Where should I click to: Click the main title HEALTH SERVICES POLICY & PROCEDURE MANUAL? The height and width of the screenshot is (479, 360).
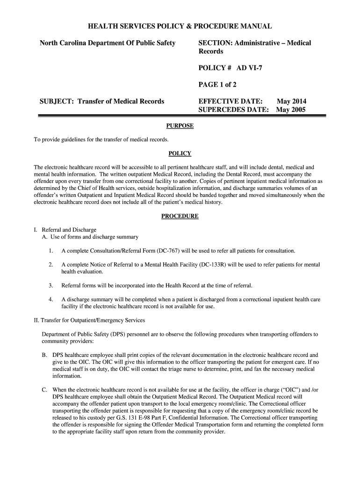(180, 27)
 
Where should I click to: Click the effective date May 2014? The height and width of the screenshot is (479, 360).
(292, 101)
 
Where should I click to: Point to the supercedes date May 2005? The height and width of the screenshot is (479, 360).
(291, 110)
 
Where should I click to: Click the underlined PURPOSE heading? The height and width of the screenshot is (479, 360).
(180, 126)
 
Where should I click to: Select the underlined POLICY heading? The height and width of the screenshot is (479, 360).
(180, 154)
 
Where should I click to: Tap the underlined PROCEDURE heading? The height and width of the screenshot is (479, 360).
(180, 216)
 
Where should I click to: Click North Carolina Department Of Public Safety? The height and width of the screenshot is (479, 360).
(108, 43)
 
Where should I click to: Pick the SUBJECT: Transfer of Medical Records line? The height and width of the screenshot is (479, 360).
(102, 101)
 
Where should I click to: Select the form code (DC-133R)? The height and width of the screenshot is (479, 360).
(213, 265)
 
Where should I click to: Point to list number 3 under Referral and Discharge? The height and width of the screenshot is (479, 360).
(50, 285)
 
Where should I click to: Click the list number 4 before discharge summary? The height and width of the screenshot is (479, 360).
(50, 299)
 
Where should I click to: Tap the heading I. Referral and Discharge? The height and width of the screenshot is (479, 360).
(65, 230)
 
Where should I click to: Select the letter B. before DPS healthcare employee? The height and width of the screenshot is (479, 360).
(44, 355)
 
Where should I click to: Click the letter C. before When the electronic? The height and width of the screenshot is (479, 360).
(44, 390)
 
